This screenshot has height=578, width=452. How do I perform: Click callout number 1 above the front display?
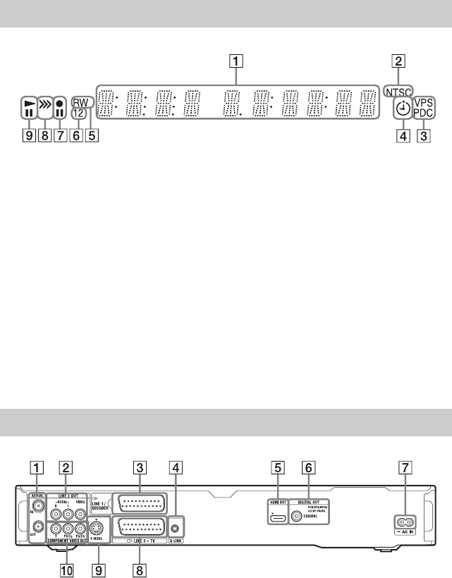coord(238,61)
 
